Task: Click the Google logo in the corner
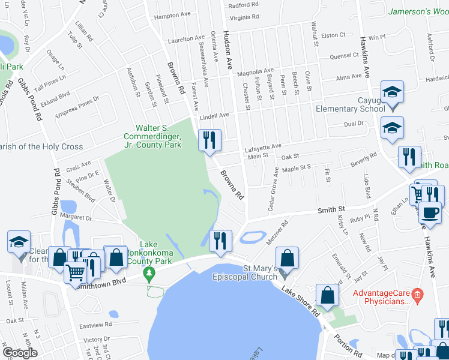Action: tap(20, 353)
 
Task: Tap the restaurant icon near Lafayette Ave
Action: tap(209, 140)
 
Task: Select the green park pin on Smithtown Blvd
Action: tap(149, 274)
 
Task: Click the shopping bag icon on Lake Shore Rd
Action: tap(327, 295)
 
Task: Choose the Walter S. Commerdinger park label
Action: tap(158, 136)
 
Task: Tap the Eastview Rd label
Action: tap(95, 325)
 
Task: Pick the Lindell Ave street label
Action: tap(215, 115)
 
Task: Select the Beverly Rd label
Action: tap(364, 159)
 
